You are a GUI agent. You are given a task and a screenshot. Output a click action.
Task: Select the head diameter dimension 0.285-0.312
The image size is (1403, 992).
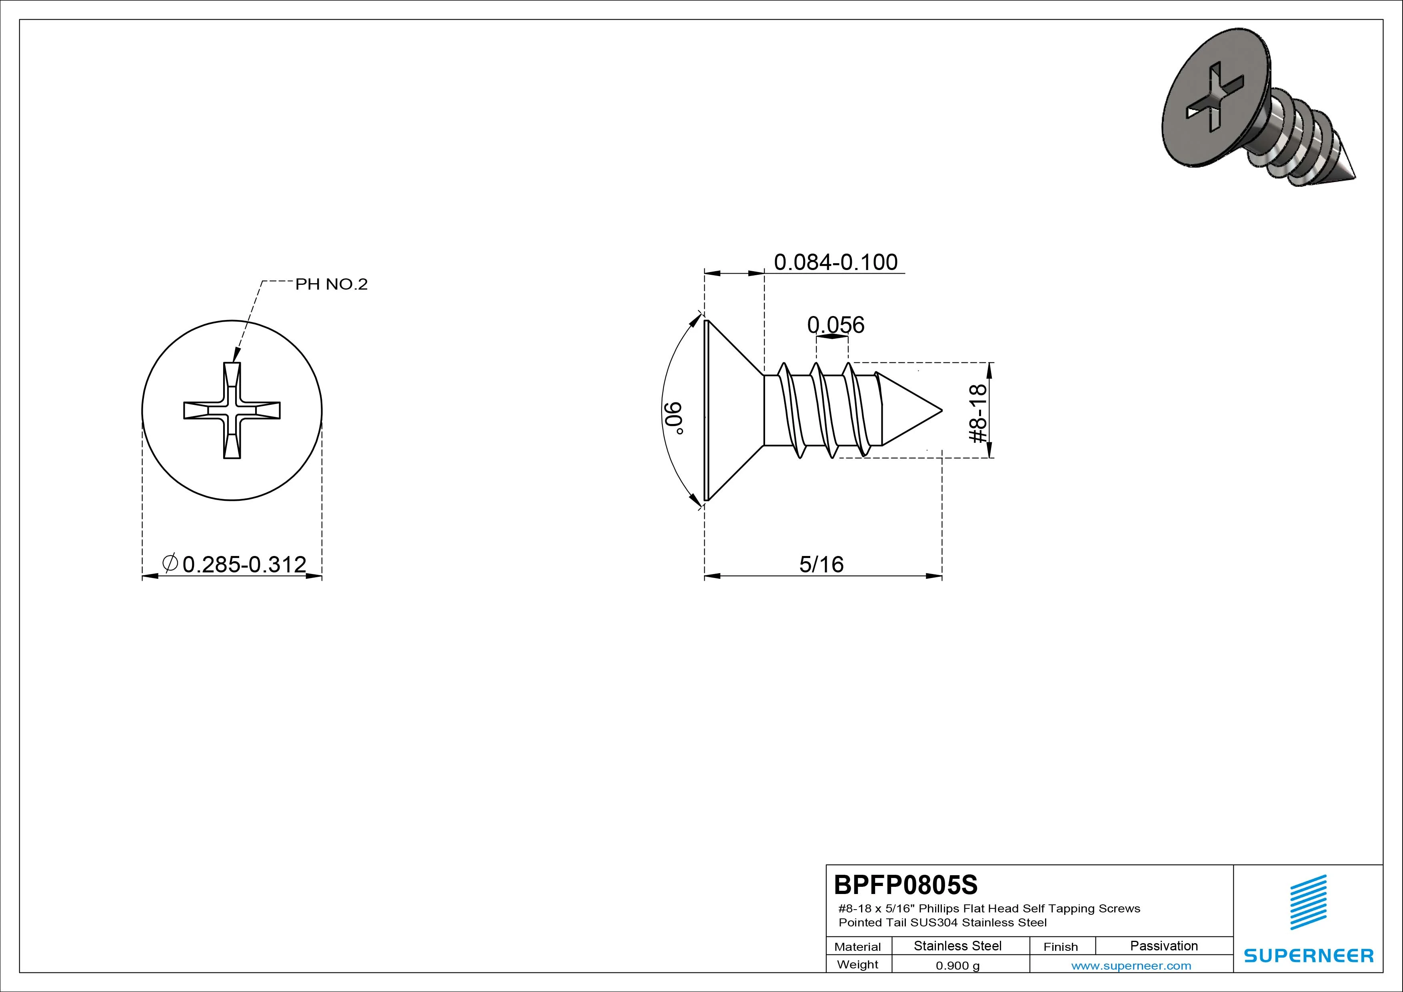[x=244, y=564]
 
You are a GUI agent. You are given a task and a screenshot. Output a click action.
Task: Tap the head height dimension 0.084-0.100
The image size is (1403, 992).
[x=835, y=262]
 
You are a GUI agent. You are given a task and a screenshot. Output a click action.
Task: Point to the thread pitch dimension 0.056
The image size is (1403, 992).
[x=835, y=324]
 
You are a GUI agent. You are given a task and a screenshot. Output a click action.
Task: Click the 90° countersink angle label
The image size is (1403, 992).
[x=672, y=418]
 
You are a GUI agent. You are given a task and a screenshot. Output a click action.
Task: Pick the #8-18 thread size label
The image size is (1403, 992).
[x=978, y=413]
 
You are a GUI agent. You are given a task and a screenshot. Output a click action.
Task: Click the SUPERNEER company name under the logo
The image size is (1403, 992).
[x=1308, y=955]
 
